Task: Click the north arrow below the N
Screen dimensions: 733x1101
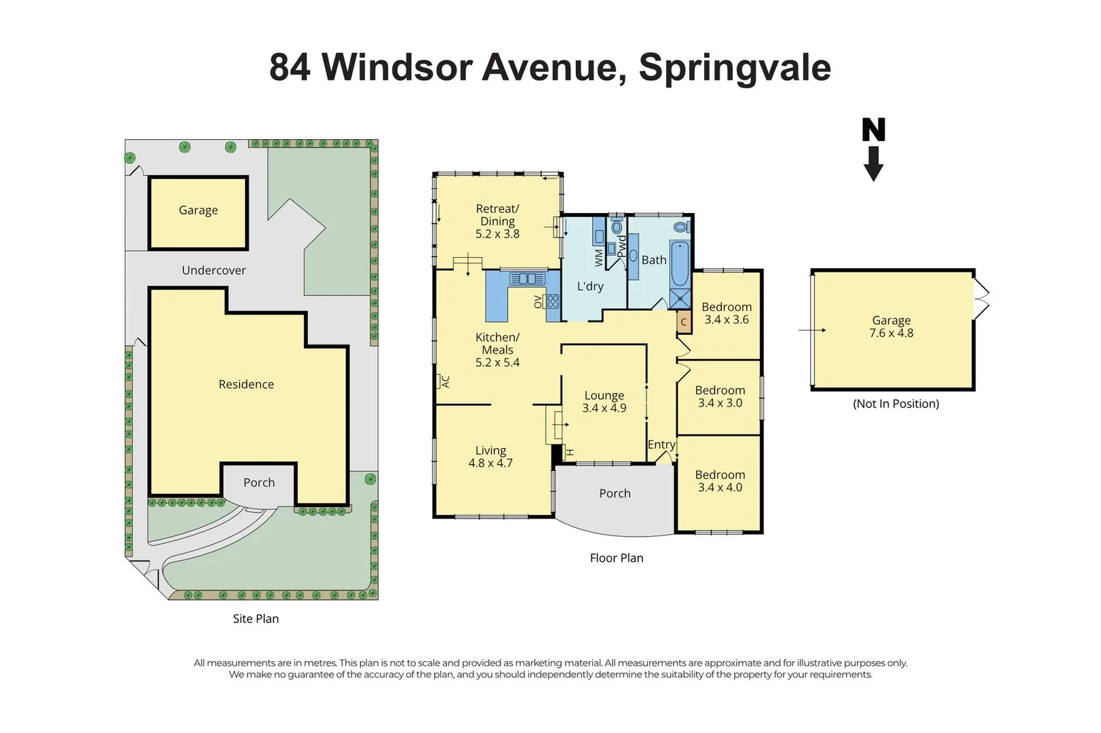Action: tap(873, 165)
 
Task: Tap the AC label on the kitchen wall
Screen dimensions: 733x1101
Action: tap(446, 382)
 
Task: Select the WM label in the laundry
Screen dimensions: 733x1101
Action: tap(599, 257)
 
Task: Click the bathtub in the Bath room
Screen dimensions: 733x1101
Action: tap(680, 263)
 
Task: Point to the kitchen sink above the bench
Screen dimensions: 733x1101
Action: tap(527, 278)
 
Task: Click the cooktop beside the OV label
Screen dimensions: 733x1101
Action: tap(552, 301)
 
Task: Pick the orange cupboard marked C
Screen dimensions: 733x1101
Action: tap(684, 322)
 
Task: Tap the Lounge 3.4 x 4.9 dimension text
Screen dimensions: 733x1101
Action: tap(604, 408)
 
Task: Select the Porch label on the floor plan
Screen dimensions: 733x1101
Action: tap(615, 493)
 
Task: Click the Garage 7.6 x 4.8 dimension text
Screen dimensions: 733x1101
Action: tap(891, 333)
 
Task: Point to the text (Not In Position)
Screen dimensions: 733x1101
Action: tap(895, 404)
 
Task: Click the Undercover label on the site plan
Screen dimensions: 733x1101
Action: tap(214, 270)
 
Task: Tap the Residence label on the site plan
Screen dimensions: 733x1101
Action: tap(246, 384)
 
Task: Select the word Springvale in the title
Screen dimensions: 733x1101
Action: tap(735, 67)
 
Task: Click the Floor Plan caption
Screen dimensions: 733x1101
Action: tap(616, 558)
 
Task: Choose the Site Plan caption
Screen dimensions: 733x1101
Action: tap(256, 618)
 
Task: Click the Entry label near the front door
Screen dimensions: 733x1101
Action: tap(661, 445)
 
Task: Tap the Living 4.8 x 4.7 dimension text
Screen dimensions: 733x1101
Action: tap(490, 463)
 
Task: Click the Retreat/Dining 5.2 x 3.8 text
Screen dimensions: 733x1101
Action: tap(497, 233)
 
